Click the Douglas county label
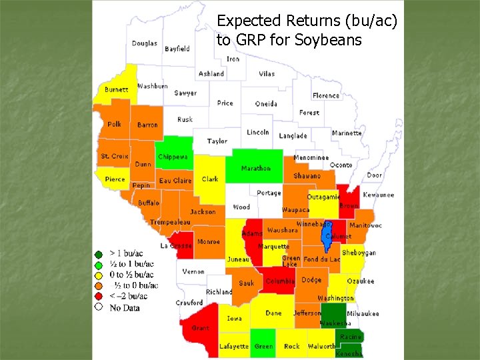144,43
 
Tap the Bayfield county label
177,49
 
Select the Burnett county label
117,89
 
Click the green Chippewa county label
173,157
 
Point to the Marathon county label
255,168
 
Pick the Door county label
375,175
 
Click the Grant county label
200,328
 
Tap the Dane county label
273,313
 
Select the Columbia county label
279,281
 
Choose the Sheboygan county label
359,253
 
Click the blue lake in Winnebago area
327,233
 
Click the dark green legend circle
99,253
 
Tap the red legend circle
99,296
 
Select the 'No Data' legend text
125,307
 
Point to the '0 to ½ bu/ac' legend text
131,275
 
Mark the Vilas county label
267,74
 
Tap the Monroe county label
208,242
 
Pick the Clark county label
210,179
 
